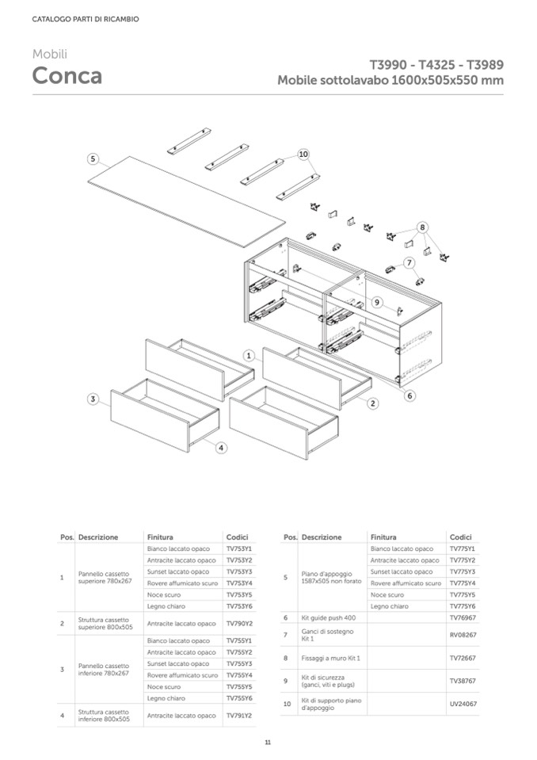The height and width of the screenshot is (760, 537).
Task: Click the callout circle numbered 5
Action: pos(93,158)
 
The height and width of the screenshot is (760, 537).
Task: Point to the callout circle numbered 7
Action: pos(409,262)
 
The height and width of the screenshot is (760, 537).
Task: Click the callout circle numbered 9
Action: pos(377,302)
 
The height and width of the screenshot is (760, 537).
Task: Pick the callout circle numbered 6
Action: pos(409,395)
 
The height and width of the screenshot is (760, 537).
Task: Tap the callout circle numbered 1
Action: pos(249,356)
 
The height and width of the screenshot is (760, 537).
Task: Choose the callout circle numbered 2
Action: pos(372,403)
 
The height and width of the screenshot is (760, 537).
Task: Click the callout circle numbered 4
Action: pos(221,448)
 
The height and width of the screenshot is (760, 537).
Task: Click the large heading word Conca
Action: pos(67,76)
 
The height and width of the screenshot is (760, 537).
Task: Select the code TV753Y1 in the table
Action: pos(238,548)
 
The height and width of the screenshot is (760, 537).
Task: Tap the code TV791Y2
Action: pos(238,716)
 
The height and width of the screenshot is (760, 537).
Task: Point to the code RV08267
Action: pos(462,635)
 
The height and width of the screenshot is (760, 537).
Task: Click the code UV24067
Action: pos(462,704)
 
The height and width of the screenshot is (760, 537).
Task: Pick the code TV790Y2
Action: pos(238,624)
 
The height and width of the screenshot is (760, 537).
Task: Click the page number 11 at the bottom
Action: pos(268,742)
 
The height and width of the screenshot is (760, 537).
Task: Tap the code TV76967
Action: pos(462,617)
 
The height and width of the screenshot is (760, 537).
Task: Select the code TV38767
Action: pos(462,681)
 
